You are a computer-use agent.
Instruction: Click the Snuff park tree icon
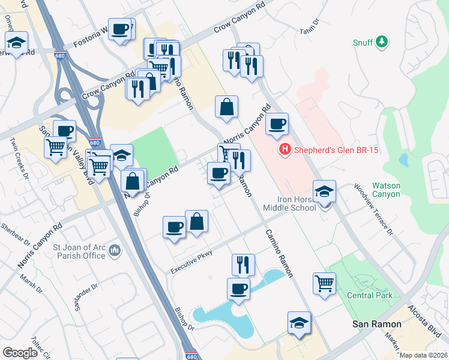click(x=381, y=42)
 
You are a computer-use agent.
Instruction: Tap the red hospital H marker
click(x=285, y=150)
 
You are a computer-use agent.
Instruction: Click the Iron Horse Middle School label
click(x=289, y=203)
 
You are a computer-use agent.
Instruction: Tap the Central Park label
click(x=370, y=295)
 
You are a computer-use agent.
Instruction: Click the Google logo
click(x=20, y=352)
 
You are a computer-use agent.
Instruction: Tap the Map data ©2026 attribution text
click(x=423, y=355)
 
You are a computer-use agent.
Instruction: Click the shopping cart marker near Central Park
click(x=324, y=283)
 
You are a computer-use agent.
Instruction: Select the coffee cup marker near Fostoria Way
click(x=120, y=29)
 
